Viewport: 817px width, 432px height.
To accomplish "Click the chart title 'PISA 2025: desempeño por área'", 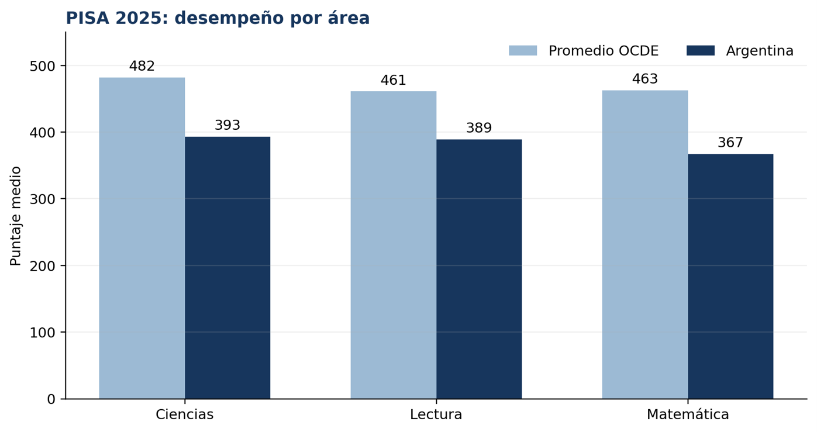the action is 218,18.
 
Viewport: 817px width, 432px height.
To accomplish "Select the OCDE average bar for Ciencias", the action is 142,238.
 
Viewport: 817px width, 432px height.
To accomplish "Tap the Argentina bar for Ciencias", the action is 227,268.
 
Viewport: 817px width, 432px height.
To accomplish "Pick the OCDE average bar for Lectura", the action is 394,245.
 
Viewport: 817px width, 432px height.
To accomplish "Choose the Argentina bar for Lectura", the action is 479,269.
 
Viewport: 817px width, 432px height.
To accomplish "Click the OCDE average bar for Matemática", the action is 645,244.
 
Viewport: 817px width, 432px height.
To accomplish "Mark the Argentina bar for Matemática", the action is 730,277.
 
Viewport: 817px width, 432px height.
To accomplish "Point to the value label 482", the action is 142,66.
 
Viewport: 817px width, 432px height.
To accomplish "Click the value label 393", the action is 227,125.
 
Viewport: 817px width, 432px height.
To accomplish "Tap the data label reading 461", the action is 394,80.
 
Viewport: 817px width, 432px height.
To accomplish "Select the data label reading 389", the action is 479,128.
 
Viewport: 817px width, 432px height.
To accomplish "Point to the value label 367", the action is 730,143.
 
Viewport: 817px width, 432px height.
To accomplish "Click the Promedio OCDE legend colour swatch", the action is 523,51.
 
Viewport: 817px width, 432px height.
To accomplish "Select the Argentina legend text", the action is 760,51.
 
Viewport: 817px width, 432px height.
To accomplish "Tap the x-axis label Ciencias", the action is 185,414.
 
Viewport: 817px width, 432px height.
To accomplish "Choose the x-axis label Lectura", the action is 436,414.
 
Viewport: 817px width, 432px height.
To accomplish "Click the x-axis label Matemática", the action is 688,414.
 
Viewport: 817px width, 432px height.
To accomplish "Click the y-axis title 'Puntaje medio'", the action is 16,216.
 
